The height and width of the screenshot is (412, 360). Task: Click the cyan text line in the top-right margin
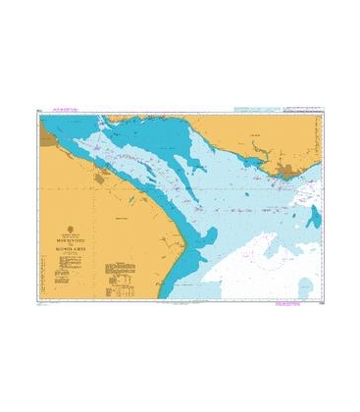click(x=277, y=112)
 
